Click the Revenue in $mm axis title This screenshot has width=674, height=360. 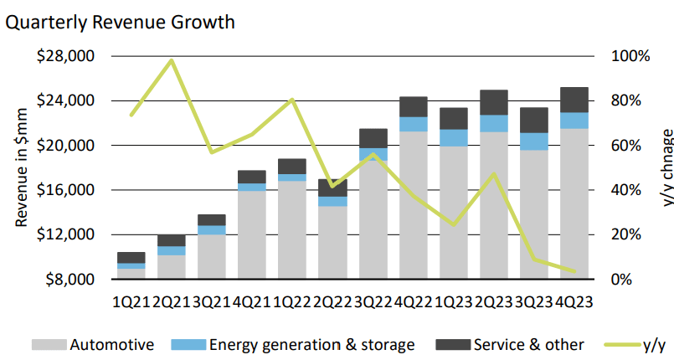tap(21, 167)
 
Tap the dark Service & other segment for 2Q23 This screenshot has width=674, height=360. tap(494, 102)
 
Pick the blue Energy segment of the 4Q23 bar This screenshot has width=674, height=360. tap(574, 120)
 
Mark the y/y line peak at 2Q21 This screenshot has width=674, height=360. tap(171, 60)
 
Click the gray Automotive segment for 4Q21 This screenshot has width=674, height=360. tap(252, 234)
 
